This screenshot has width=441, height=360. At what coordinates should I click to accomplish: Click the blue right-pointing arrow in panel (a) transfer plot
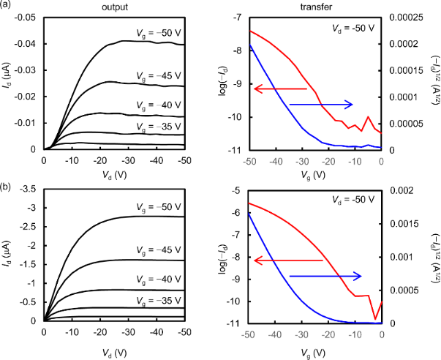322,105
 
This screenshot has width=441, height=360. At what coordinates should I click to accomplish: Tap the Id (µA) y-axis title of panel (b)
12,255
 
